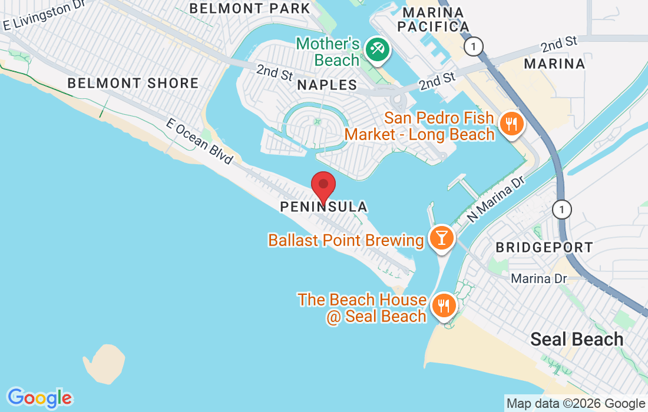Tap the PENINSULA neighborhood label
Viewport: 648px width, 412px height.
pos(323,207)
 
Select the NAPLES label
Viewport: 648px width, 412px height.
pos(327,85)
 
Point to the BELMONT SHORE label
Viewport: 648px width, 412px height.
pos(133,83)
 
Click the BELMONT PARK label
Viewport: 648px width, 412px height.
pos(250,8)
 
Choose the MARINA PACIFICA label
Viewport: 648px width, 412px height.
pos(433,19)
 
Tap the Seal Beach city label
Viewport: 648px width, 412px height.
pos(577,339)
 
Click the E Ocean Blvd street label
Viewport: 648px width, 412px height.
pos(200,142)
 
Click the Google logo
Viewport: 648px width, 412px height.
pos(39,397)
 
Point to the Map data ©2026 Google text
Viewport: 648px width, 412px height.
pos(576,404)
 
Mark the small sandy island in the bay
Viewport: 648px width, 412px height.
pos(104,361)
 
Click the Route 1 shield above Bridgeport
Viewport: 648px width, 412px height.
pos(563,209)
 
